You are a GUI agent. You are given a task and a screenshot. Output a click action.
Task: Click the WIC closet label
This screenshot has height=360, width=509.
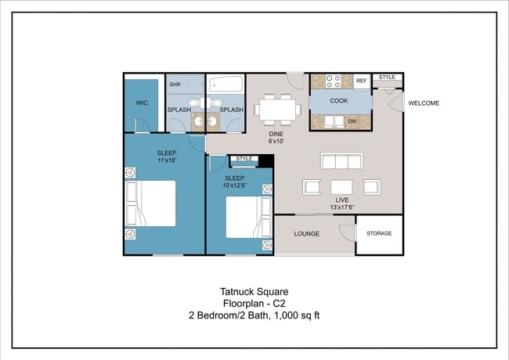(142, 103)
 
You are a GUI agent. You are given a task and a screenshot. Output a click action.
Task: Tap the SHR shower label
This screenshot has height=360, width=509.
(175, 85)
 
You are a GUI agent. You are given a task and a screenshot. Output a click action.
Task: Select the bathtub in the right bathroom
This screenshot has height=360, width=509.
(226, 84)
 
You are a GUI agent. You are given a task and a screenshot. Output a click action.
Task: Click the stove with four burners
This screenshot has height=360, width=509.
(334, 81)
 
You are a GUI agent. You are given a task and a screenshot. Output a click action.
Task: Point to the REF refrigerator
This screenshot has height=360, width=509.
(361, 81)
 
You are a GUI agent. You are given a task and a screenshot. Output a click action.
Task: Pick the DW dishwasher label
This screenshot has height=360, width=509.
(352, 121)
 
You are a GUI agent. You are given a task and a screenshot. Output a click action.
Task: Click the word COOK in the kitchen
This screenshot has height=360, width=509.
(339, 101)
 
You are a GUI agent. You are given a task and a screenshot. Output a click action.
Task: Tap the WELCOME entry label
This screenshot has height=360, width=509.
(424, 103)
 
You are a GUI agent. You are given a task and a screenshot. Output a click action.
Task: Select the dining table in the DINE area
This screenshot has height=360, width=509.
(277, 110)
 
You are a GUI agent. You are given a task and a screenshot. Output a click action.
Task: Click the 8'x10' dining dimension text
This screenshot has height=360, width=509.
(276, 141)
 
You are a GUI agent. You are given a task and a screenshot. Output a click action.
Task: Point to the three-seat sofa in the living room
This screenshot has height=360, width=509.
(341, 161)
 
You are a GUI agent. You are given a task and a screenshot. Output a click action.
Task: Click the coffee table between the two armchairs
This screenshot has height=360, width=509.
(341, 187)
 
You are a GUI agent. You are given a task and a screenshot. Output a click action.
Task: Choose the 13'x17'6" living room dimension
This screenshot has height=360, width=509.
(342, 207)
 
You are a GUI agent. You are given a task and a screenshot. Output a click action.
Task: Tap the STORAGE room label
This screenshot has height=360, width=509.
(379, 233)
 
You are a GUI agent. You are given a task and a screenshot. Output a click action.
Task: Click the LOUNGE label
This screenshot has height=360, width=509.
(307, 233)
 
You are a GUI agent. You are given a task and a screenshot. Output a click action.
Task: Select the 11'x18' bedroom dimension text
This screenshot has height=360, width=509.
(167, 160)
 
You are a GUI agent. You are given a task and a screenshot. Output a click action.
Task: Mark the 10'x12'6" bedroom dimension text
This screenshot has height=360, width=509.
(235, 185)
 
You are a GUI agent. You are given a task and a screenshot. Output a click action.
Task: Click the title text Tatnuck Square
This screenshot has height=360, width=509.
(254, 292)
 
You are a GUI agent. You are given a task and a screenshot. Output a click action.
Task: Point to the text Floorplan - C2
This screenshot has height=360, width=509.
(254, 304)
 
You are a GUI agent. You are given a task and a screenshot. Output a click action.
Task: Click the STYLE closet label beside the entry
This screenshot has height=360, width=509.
(387, 77)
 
